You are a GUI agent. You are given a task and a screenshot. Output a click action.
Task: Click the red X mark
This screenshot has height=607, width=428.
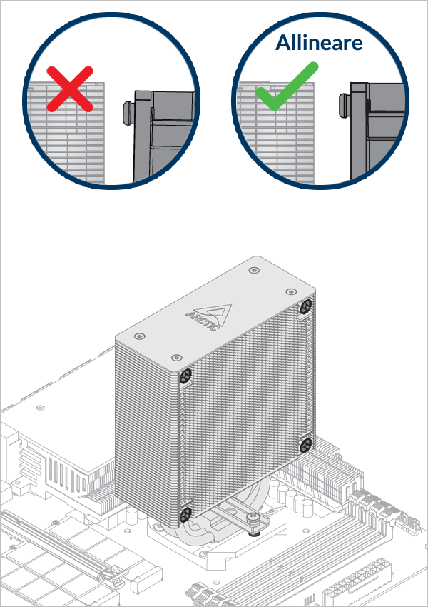(x=70, y=89)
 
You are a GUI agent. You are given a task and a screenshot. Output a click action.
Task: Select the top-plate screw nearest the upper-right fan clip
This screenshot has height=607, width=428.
(x=289, y=292)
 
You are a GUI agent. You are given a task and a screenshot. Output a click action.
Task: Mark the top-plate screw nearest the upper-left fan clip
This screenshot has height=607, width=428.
(x=173, y=356)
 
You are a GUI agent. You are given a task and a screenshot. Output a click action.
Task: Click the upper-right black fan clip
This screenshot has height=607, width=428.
(x=306, y=306)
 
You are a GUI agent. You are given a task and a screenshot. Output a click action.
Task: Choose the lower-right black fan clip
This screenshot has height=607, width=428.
(x=306, y=445)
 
